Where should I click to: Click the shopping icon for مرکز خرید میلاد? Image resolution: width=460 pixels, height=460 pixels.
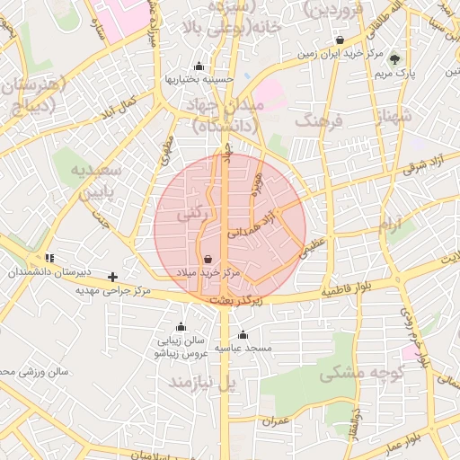click(208, 259)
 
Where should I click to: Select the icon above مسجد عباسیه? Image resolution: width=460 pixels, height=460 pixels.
click(243, 335)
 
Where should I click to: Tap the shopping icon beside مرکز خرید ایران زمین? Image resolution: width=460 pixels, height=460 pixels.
click(340, 40)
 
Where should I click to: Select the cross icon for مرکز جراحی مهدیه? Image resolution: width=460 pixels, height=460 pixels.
click(112, 278)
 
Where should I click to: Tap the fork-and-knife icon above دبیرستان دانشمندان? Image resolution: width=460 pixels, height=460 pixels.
click(49, 258)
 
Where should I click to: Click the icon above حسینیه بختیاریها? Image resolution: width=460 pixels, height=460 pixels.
click(199, 66)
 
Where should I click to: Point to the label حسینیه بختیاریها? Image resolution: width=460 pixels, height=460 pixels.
click(199, 80)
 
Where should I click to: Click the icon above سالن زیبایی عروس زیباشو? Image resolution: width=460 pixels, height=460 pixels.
click(181, 327)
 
